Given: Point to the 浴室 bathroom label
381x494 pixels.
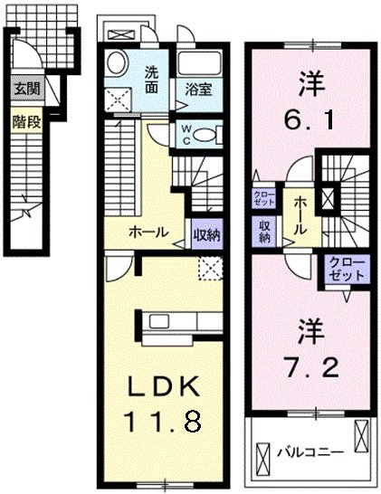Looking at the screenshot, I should click(x=198, y=90).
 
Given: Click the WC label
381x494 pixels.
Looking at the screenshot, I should click(x=186, y=134).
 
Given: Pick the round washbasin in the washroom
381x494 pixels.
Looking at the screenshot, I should click(x=117, y=64).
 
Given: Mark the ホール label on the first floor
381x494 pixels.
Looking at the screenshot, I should click(x=148, y=232).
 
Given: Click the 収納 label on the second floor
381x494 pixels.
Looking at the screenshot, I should click(x=265, y=232).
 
